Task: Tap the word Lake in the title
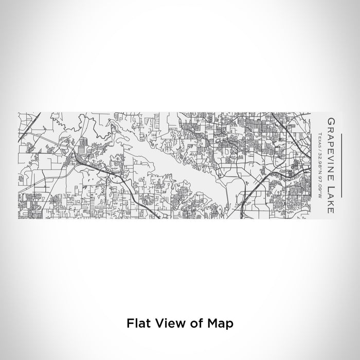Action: [330, 196]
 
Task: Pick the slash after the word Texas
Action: [320, 148]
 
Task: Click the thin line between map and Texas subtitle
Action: [312, 165]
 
